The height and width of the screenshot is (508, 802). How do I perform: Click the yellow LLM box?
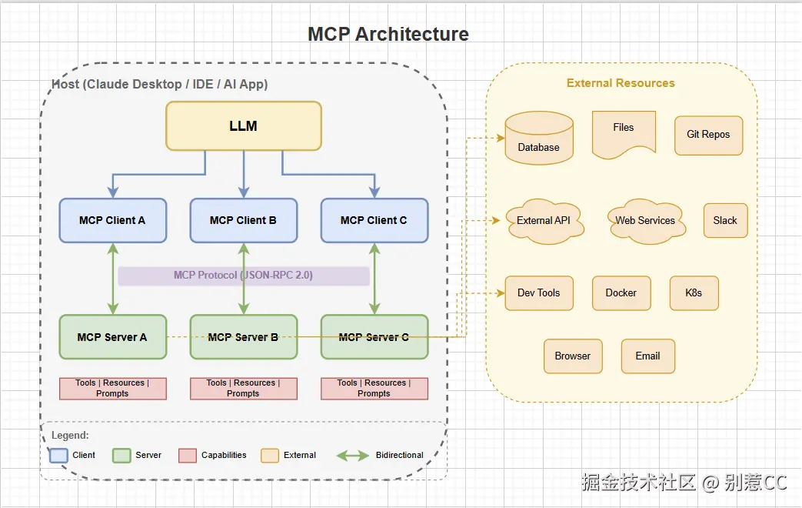click(244, 125)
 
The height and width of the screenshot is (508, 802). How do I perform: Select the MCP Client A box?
click(112, 220)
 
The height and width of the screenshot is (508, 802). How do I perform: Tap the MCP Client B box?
click(243, 220)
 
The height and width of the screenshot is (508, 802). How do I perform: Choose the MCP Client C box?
click(374, 220)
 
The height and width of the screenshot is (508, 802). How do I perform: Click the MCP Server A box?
click(112, 336)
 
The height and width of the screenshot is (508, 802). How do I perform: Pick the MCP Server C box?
click(374, 336)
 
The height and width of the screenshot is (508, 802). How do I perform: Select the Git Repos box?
click(708, 135)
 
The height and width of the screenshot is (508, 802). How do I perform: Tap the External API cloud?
click(544, 221)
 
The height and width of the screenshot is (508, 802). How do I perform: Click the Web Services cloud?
click(645, 221)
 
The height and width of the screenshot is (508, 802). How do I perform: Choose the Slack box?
click(725, 220)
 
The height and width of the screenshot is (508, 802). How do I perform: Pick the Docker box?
click(621, 292)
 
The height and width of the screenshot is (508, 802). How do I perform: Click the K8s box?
click(694, 292)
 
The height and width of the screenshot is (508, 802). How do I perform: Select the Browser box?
click(573, 356)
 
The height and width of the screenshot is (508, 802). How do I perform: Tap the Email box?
click(647, 356)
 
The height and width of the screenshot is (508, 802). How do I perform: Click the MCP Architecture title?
click(388, 34)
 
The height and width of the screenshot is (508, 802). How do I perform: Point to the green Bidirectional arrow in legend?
click(353, 455)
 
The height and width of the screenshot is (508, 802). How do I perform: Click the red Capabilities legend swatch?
click(188, 455)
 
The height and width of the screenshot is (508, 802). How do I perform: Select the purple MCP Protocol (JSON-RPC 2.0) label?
click(243, 276)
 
